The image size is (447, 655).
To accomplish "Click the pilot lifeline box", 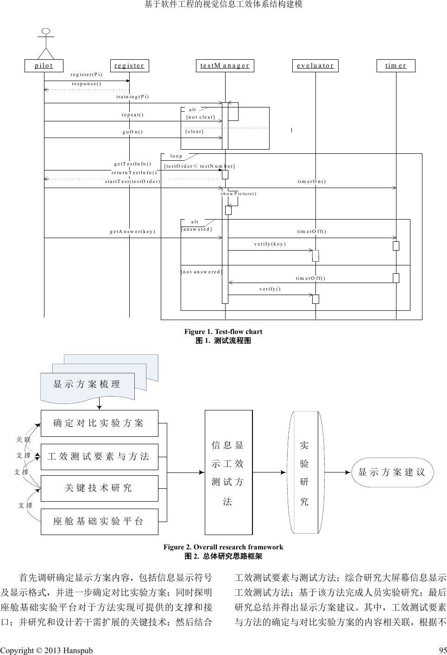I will pyautogui.click(x=44, y=65).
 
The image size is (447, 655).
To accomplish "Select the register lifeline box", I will pyautogui.click(x=129, y=65).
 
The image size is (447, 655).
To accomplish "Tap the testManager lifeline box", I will pyautogui.click(x=225, y=65).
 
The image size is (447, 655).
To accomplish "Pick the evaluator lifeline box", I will pyautogui.click(x=315, y=65).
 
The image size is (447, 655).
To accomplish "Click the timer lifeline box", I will pyautogui.click(x=396, y=65).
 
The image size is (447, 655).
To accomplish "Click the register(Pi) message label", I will pyautogui.click(x=86, y=74).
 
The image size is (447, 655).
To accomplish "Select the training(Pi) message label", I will pyautogui.click(x=132, y=97).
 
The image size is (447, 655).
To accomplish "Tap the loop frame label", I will pyautogui.click(x=176, y=156).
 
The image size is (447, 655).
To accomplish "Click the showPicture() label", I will pyautogui.click(x=239, y=193).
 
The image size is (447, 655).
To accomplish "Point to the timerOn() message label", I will pyautogui.click(x=311, y=181).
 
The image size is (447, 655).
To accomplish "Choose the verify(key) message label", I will pyautogui.click(x=270, y=244).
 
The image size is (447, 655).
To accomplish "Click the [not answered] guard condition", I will pyautogui.click(x=201, y=271).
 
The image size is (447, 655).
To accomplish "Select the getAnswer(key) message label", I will pyautogui.click(x=132, y=231).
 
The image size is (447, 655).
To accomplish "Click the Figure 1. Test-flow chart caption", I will pyautogui.click(x=223, y=332).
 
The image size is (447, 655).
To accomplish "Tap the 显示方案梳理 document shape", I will pyautogui.click(x=87, y=384).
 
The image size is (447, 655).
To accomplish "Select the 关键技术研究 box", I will pyautogui.click(x=99, y=488).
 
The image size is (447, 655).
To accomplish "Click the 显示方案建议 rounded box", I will pyautogui.click(x=391, y=472).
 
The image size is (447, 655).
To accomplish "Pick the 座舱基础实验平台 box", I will pyautogui.click(x=99, y=522).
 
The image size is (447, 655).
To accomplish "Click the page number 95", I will pyautogui.click(x=442, y=650).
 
